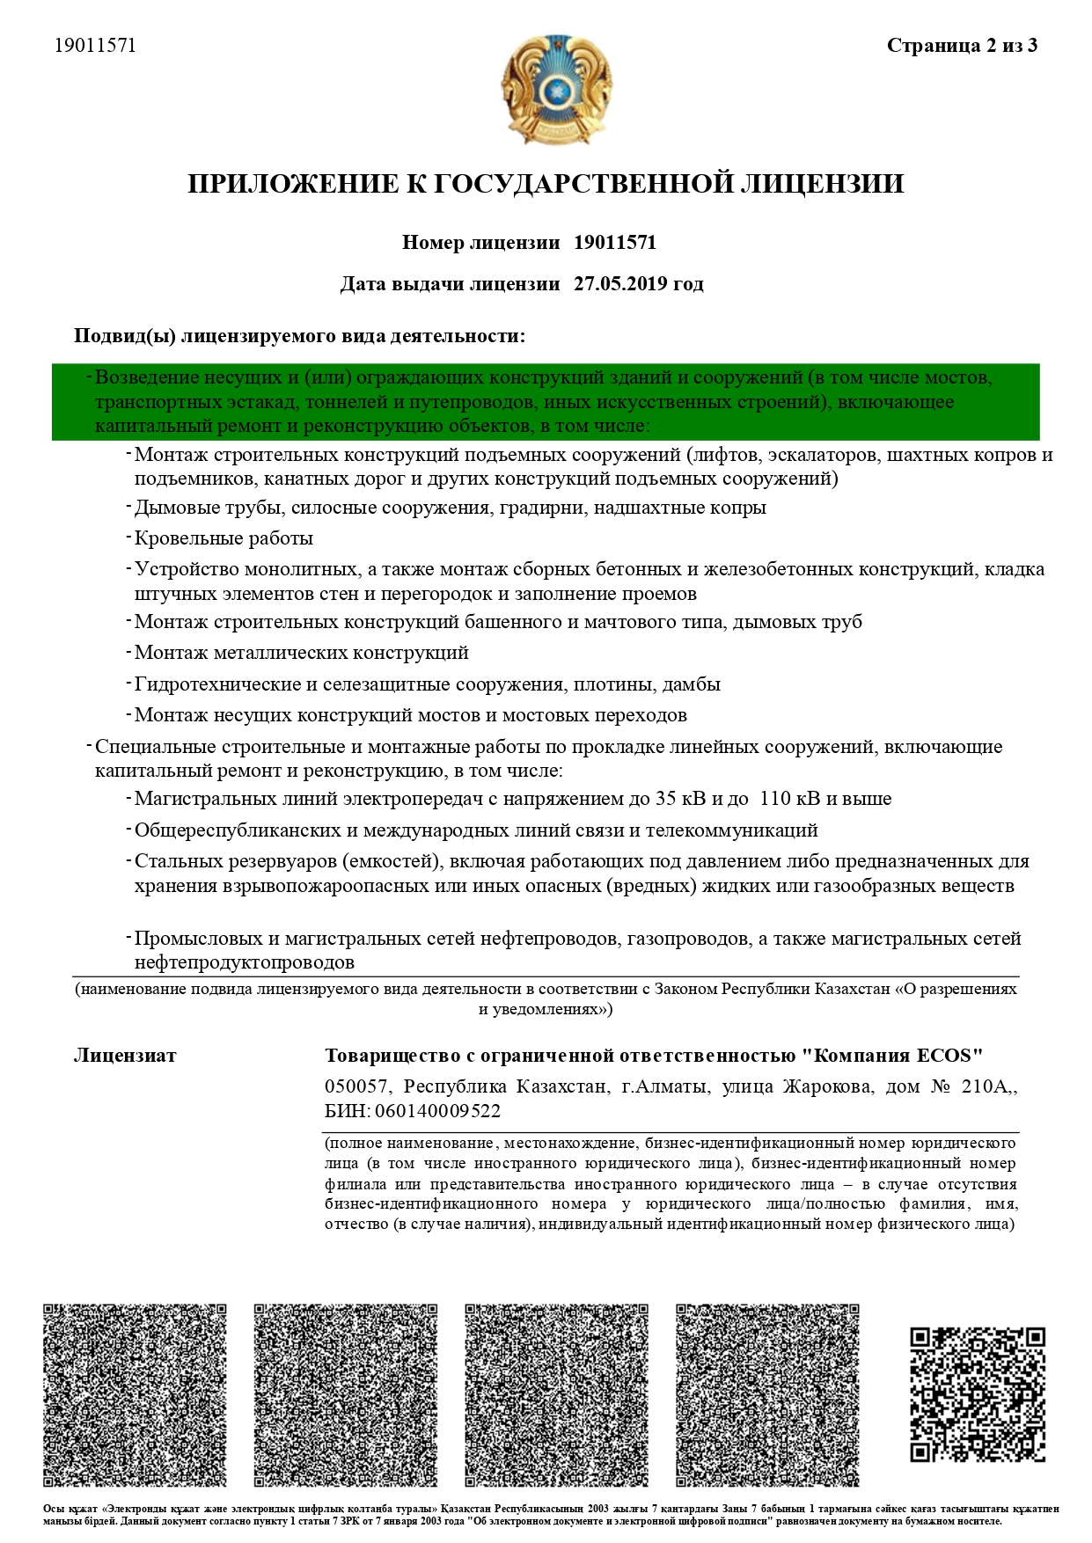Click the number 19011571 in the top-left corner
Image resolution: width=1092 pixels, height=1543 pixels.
click(x=95, y=46)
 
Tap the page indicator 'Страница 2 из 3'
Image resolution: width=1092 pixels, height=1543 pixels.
click(x=962, y=46)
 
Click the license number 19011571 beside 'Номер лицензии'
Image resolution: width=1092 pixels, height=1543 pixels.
click(x=614, y=243)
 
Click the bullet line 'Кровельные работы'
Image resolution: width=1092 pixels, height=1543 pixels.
click(x=224, y=538)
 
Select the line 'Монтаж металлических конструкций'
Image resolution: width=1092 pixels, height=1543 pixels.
click(x=301, y=653)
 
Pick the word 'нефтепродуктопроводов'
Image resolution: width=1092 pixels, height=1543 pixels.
click(x=245, y=962)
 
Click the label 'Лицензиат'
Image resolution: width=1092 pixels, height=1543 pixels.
click(x=125, y=1056)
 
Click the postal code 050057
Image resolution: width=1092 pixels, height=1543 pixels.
click(x=355, y=1087)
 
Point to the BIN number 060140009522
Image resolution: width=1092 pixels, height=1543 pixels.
click(x=437, y=1111)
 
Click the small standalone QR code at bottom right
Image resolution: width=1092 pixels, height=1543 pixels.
click(x=977, y=1394)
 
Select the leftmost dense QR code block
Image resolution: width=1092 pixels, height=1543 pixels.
click(x=135, y=1396)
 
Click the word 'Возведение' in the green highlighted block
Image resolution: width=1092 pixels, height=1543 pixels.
click(x=146, y=378)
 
